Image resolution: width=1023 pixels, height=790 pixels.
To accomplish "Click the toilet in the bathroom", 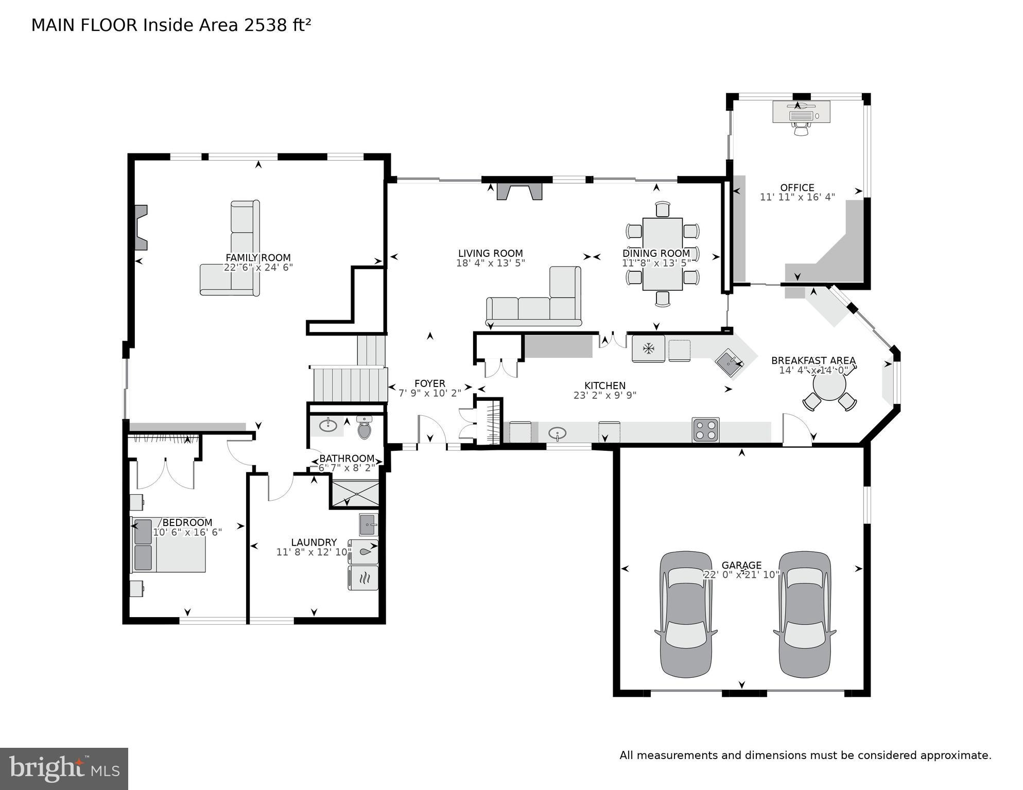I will point(365,428).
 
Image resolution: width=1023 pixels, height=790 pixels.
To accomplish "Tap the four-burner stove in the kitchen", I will point(705,430).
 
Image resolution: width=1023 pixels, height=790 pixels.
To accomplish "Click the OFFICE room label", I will point(797,188).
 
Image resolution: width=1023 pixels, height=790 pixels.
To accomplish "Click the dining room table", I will point(663,254).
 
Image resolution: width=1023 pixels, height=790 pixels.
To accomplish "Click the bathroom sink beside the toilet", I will point(327,426).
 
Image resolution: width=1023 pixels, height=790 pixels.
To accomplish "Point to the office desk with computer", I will point(801,112).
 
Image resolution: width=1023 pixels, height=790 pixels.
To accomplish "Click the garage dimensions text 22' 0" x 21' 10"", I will point(741,575).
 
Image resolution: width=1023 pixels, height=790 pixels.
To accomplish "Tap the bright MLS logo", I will point(64,768).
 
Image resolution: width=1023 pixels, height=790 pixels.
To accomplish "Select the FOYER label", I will point(430,383).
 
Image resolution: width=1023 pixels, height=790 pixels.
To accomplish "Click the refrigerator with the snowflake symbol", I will point(648,349).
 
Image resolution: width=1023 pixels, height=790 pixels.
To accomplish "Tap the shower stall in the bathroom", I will point(355,494).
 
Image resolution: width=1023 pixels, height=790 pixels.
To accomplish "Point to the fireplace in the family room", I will point(141,227).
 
